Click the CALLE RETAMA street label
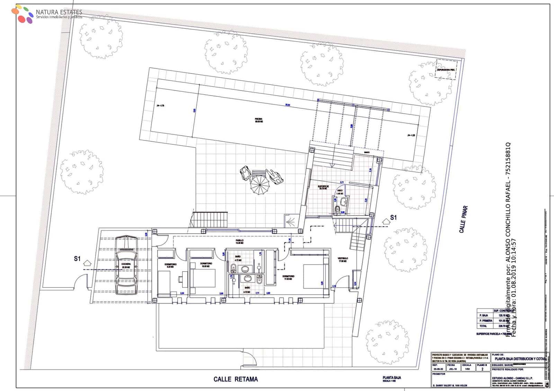coord(235,379)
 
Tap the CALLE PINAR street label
coord(464,219)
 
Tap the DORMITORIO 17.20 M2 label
coord(288,277)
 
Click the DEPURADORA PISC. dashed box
coord(446,69)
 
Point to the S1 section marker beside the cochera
coord(77,259)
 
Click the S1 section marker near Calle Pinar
coord(393,218)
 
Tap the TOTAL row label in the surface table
coord(483,326)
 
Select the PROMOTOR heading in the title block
coord(439,374)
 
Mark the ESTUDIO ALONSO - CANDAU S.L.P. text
coord(512,378)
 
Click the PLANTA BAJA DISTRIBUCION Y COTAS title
coord(519,359)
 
